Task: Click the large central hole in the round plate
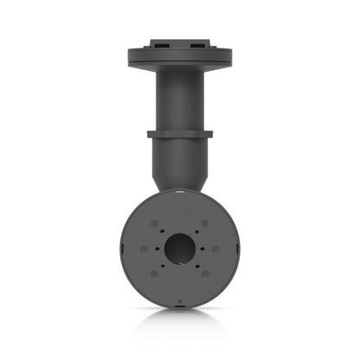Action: point(180,247)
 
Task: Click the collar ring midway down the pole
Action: point(180,134)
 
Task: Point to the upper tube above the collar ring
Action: point(180,100)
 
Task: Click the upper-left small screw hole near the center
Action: point(162,231)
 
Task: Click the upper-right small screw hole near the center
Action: point(197,231)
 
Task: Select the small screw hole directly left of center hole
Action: point(157,248)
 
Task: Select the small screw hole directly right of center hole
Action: point(202,248)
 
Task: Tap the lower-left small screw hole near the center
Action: point(163,266)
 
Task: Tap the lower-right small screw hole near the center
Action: point(197,266)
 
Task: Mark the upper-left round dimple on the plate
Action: point(154,223)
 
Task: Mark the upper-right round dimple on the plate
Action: point(205,223)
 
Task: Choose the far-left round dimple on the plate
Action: point(145,248)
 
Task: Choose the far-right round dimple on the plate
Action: point(215,248)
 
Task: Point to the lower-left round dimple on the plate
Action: point(154,273)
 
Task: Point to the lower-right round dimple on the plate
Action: point(205,273)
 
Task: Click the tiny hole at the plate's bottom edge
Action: point(180,301)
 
